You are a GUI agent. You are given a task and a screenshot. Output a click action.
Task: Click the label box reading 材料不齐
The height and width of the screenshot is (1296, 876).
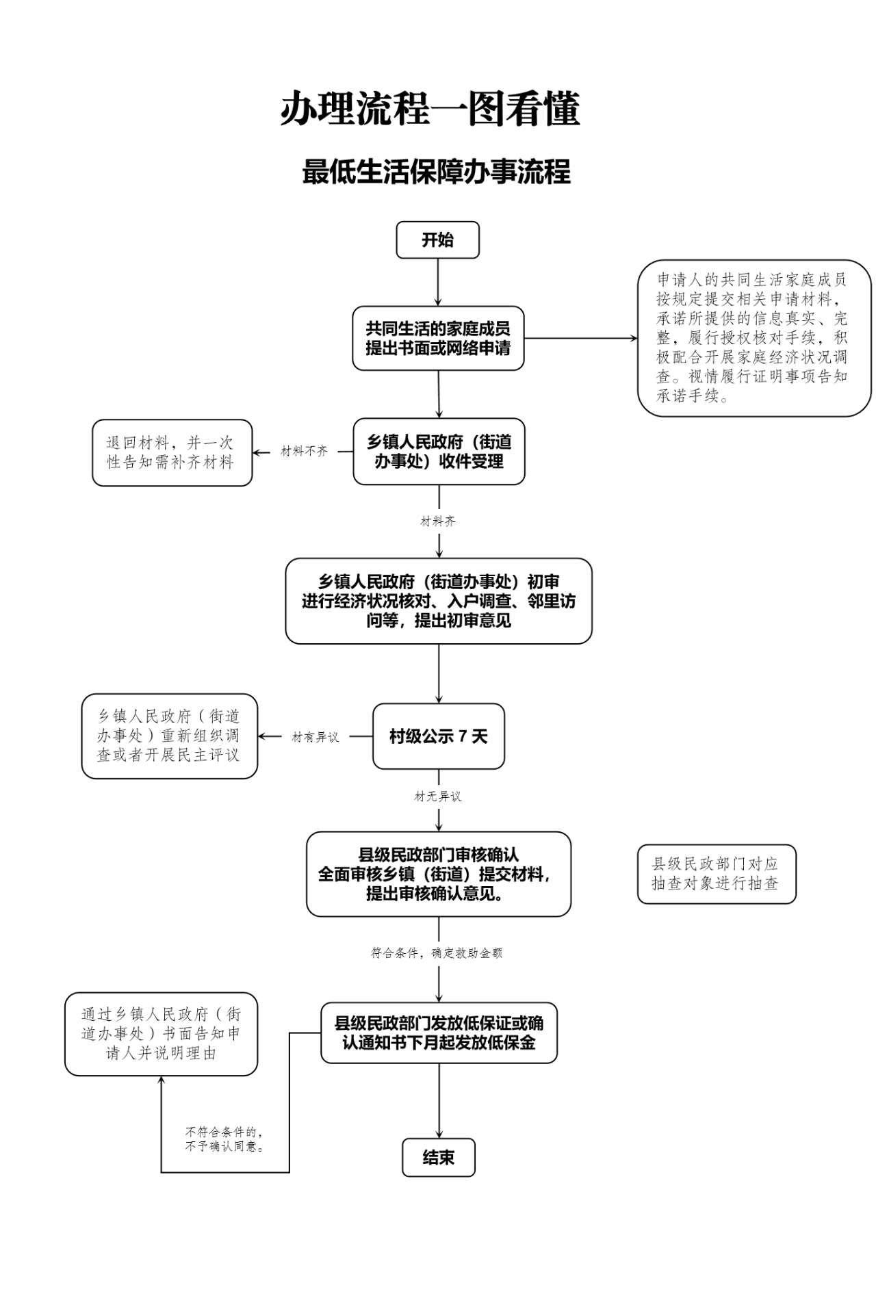click(x=304, y=452)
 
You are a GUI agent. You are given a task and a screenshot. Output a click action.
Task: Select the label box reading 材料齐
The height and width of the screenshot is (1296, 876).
click(x=438, y=521)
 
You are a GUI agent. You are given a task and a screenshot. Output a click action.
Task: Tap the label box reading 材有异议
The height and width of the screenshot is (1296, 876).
click(x=315, y=738)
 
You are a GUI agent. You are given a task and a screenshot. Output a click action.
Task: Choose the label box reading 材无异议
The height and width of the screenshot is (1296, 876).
click(x=438, y=796)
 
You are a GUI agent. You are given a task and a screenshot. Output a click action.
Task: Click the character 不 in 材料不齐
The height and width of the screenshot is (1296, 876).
click(x=310, y=452)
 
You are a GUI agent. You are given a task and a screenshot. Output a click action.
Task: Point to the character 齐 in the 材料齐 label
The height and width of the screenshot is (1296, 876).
click(x=450, y=521)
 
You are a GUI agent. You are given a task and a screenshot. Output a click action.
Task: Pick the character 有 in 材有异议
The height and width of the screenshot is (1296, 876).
click(x=309, y=738)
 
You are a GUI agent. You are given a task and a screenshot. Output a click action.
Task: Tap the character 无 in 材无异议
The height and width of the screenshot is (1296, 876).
click(x=432, y=796)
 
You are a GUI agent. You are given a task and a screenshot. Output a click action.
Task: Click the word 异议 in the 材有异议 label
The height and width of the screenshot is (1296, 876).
click(x=327, y=738)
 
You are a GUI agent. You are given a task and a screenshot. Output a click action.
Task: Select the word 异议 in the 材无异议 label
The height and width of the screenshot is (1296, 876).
click(x=450, y=796)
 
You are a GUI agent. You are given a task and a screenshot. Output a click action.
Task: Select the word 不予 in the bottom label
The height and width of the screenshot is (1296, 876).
click(x=197, y=1147)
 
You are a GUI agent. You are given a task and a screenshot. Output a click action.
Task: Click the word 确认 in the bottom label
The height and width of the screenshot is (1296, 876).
click(x=221, y=1147)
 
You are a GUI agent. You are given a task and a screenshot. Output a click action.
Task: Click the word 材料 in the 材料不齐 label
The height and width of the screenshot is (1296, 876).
click(x=292, y=452)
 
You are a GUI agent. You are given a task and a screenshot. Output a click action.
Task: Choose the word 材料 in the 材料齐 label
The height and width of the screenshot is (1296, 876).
click(x=432, y=521)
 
